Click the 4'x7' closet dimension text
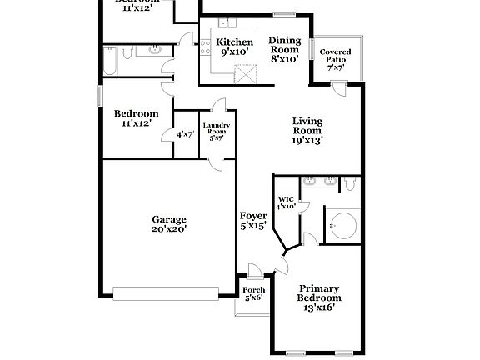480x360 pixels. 184,133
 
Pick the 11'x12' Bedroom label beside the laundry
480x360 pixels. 136,118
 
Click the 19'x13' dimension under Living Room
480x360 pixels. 307,141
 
